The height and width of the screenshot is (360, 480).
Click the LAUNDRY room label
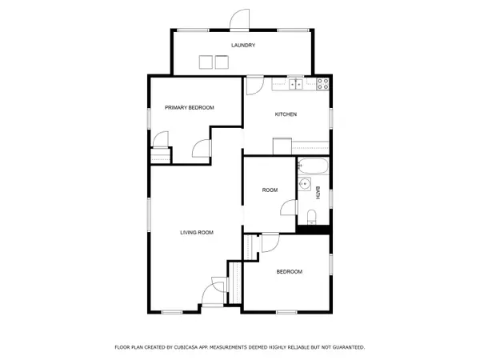click(x=243, y=46)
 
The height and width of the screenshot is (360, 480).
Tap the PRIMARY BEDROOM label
click(x=189, y=107)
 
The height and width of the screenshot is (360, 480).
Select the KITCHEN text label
click(x=286, y=114)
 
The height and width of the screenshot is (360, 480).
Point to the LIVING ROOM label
click(x=197, y=232)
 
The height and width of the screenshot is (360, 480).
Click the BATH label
click(x=318, y=193)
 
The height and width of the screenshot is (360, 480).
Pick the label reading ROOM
click(x=270, y=190)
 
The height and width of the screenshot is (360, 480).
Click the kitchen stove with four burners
click(x=322, y=84)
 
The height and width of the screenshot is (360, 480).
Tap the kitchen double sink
click(x=296, y=84)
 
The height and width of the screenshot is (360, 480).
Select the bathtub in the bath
click(x=313, y=166)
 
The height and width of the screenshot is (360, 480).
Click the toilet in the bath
click(x=312, y=217)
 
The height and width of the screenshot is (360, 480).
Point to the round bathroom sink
click(x=304, y=184)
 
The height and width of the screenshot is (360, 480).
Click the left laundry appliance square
click(x=206, y=62)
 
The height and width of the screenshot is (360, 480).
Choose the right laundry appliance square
click(x=222, y=62)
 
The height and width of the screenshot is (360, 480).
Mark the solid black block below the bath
click(x=313, y=230)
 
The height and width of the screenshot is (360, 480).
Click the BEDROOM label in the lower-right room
click(x=290, y=271)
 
